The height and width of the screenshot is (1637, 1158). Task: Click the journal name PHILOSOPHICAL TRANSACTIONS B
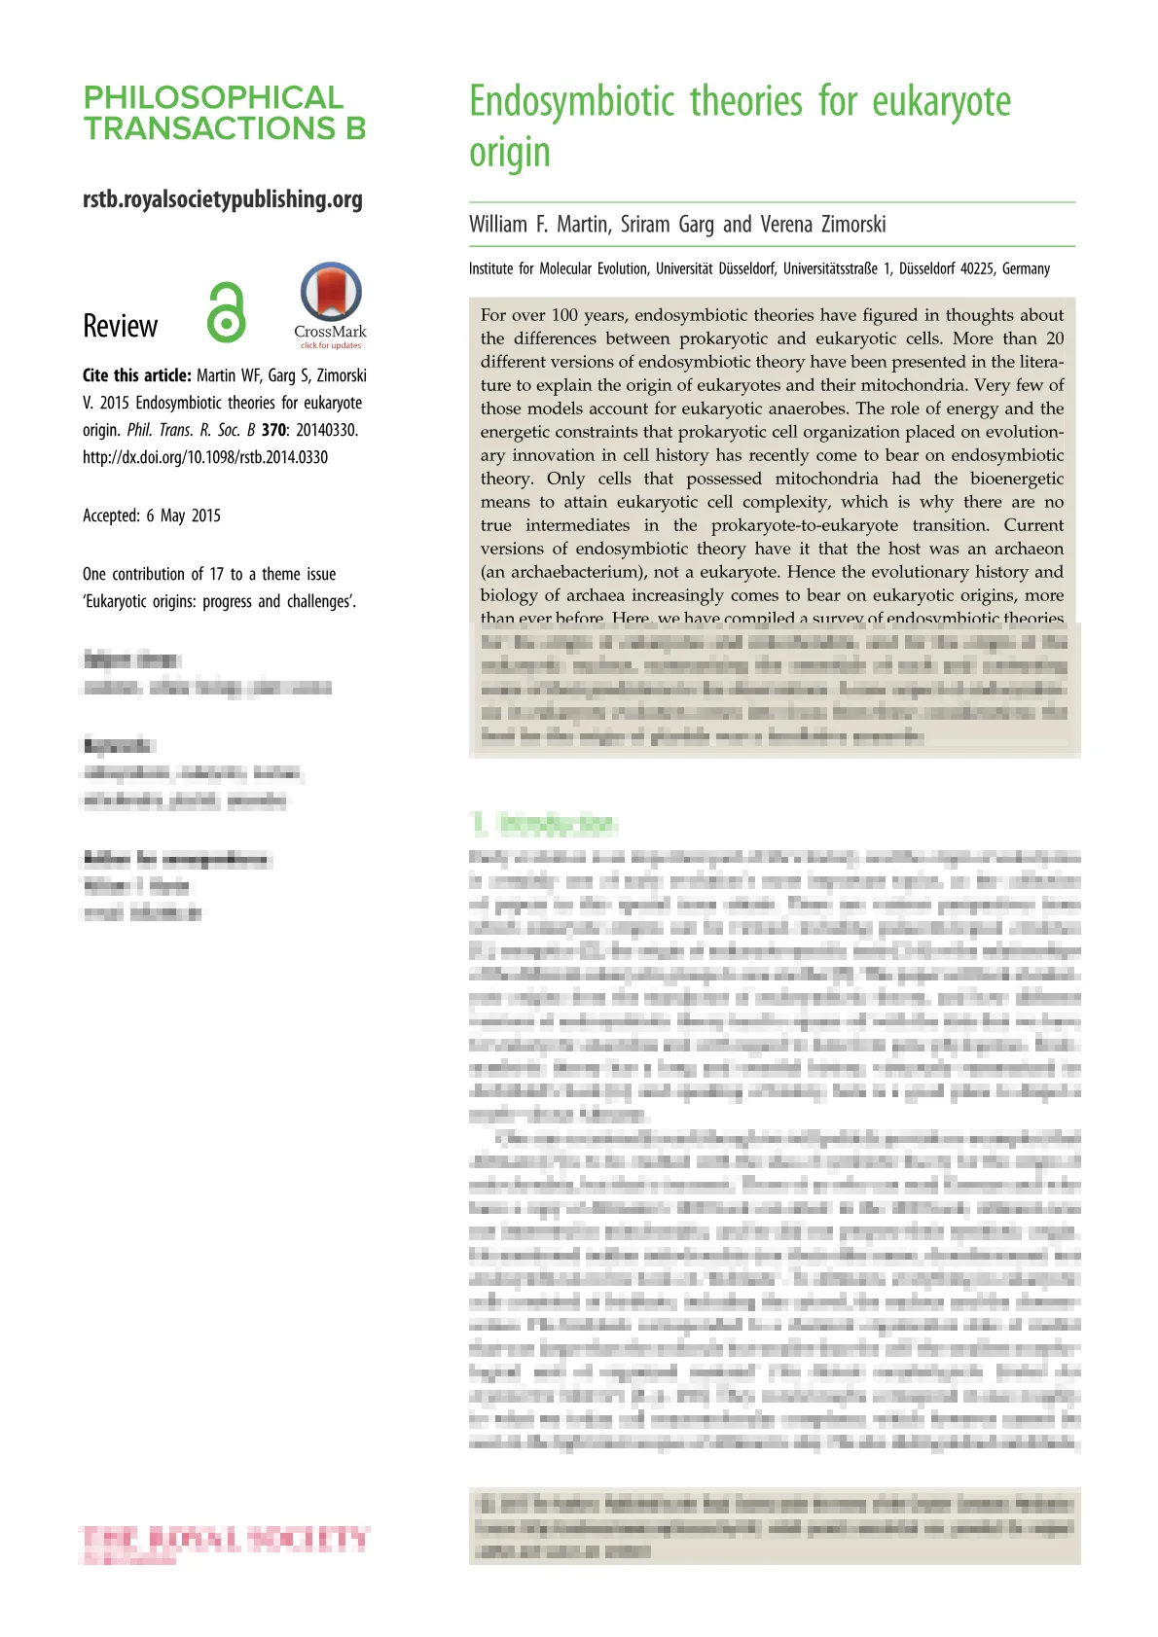point(224,113)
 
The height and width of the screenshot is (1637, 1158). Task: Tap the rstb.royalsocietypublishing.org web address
point(223,199)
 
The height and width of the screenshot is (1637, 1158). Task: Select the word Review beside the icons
point(120,326)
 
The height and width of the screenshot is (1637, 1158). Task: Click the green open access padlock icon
point(226,312)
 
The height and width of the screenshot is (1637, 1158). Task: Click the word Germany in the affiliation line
point(1026,268)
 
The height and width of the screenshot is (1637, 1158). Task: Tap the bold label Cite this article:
point(136,375)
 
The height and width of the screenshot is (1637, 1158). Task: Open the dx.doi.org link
point(205,457)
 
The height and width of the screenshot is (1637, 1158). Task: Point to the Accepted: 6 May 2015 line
point(152,516)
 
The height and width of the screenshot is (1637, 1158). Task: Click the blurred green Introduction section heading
point(546,824)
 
